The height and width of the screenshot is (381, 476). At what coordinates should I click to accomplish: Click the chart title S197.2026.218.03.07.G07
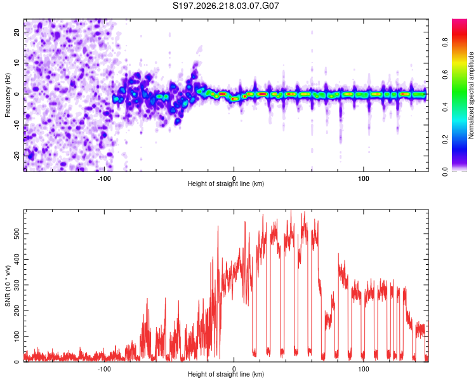(x=225, y=6)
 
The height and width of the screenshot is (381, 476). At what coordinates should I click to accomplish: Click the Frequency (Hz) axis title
(x=8, y=95)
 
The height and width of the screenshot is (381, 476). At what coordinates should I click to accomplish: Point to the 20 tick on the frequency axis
(x=17, y=32)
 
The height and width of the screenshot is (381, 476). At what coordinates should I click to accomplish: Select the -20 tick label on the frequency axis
(x=17, y=156)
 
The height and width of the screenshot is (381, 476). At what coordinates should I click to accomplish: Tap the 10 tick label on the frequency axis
(x=17, y=63)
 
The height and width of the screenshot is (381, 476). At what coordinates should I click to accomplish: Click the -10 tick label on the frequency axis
(x=17, y=125)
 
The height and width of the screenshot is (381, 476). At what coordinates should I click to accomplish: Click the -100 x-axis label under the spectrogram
(x=104, y=178)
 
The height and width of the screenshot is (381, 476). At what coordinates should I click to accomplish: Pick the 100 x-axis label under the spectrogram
(x=364, y=178)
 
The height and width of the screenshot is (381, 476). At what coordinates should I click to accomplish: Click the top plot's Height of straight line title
(x=226, y=184)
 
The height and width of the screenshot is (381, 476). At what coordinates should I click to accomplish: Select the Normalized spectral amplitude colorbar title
(x=471, y=95)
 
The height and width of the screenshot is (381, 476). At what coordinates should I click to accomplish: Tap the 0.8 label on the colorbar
(x=445, y=42)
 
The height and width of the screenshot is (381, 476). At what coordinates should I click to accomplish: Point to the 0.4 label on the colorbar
(x=445, y=107)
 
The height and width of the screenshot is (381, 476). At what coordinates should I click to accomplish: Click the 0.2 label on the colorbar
(x=445, y=140)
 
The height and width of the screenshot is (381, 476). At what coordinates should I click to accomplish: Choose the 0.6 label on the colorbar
(x=445, y=74)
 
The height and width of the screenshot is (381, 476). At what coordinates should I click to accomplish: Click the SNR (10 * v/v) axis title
(x=8, y=286)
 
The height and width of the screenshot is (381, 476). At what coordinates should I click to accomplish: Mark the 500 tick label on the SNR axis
(x=17, y=234)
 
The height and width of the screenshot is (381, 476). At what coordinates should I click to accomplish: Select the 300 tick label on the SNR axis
(x=17, y=285)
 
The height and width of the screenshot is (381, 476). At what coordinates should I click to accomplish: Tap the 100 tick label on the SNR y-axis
(x=17, y=337)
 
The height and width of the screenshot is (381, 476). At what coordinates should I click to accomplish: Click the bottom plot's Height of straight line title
(x=226, y=374)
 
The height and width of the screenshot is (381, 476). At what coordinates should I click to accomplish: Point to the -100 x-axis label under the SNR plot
(x=104, y=369)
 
